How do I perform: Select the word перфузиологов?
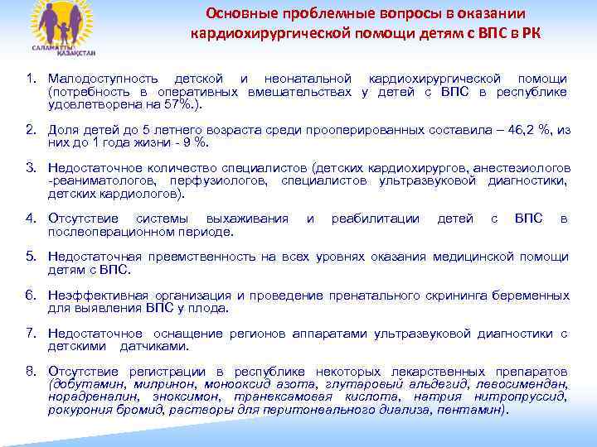(221, 180)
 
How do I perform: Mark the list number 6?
(31, 296)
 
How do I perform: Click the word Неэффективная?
(98, 296)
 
